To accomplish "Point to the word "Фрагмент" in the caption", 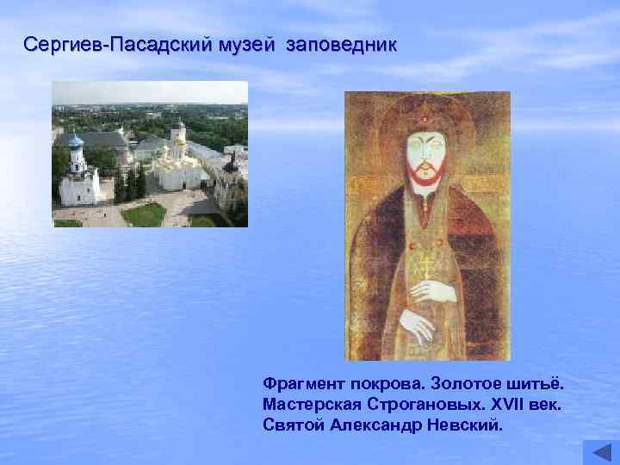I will click(x=304, y=381).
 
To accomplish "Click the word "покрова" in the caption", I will click(x=383, y=381).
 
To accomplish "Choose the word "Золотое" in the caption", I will click(x=464, y=381).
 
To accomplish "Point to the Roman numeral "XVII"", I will click(x=511, y=404).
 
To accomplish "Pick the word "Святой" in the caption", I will click(x=293, y=426).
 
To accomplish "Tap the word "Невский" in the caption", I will click(x=462, y=426).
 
